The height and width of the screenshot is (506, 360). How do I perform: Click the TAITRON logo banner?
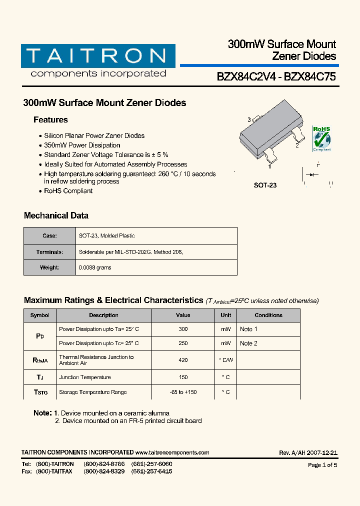pyautogui.click(x=98, y=56)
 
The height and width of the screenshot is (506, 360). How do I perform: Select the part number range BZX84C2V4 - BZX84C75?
pyautogui.click(x=276, y=77)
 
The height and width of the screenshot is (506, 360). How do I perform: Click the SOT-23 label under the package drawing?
pyautogui.click(x=265, y=185)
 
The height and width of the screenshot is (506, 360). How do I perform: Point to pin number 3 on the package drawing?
pyautogui.click(x=249, y=120)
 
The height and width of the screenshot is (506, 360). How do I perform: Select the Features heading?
pyautogui.click(x=50, y=120)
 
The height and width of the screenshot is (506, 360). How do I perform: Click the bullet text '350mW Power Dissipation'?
pyautogui.click(x=82, y=145)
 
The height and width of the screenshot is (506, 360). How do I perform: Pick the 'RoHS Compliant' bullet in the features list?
pyautogui.click(x=68, y=191)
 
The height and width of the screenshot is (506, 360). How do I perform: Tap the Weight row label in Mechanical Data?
pyautogui.click(x=49, y=267)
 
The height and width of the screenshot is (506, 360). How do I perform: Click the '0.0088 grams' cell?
pyautogui.click(x=95, y=267)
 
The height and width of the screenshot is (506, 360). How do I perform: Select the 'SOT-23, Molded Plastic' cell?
pyautogui.click(x=106, y=235)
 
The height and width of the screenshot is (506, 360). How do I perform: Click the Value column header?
pyautogui.click(x=183, y=315)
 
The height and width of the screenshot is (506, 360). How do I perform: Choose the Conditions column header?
pyautogui.click(x=268, y=315)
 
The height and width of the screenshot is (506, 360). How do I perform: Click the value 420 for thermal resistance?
pyautogui.click(x=183, y=360)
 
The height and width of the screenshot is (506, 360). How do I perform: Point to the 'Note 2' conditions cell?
pyautogui.click(x=248, y=343)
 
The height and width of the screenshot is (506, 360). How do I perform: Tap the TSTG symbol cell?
pyautogui.click(x=40, y=392)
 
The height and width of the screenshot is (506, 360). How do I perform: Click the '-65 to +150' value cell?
pyautogui.click(x=183, y=392)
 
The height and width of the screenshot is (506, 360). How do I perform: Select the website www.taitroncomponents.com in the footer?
pyautogui.click(x=172, y=452)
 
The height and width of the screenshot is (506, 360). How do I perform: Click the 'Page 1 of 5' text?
pyautogui.click(x=322, y=465)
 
